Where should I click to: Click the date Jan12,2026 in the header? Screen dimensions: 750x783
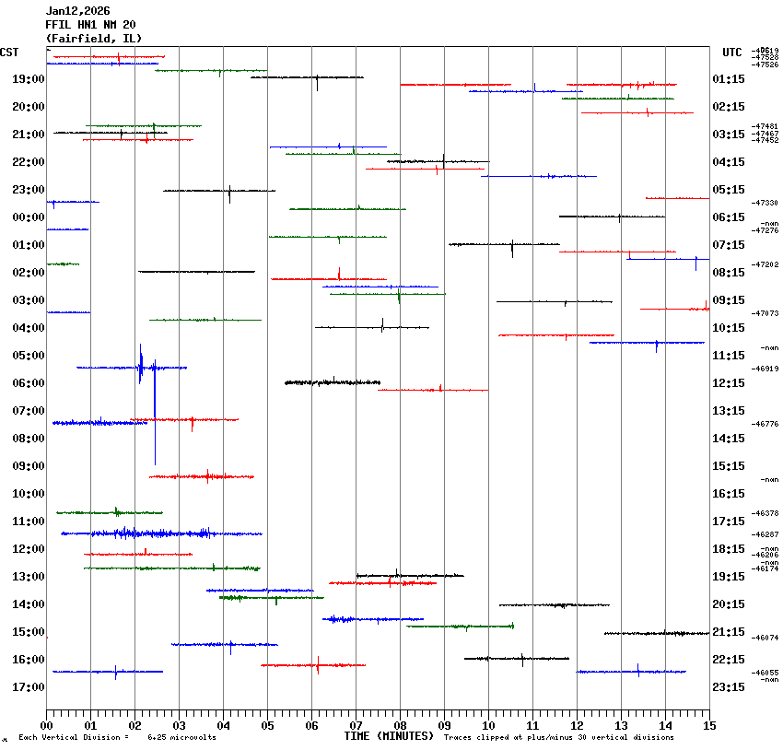point(77,11)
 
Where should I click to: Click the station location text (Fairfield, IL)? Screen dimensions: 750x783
point(94,39)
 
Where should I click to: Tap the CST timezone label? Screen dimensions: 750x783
point(9,53)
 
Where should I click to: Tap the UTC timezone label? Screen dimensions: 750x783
point(732,53)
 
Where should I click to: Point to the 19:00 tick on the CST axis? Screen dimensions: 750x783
point(29,79)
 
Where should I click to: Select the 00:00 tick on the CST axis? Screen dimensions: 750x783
point(29,217)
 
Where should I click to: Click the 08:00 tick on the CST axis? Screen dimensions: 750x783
point(29,439)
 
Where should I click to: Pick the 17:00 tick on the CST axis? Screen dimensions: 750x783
point(29,687)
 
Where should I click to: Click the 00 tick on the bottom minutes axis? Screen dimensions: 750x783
point(47,726)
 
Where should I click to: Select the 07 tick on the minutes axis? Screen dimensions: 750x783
point(356,726)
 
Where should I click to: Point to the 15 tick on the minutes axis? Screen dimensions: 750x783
point(709,726)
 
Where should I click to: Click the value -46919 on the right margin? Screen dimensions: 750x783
point(765,369)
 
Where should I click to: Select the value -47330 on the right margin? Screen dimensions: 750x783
point(765,203)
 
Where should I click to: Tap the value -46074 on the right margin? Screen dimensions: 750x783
point(765,638)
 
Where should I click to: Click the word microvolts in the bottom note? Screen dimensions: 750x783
point(194,738)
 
